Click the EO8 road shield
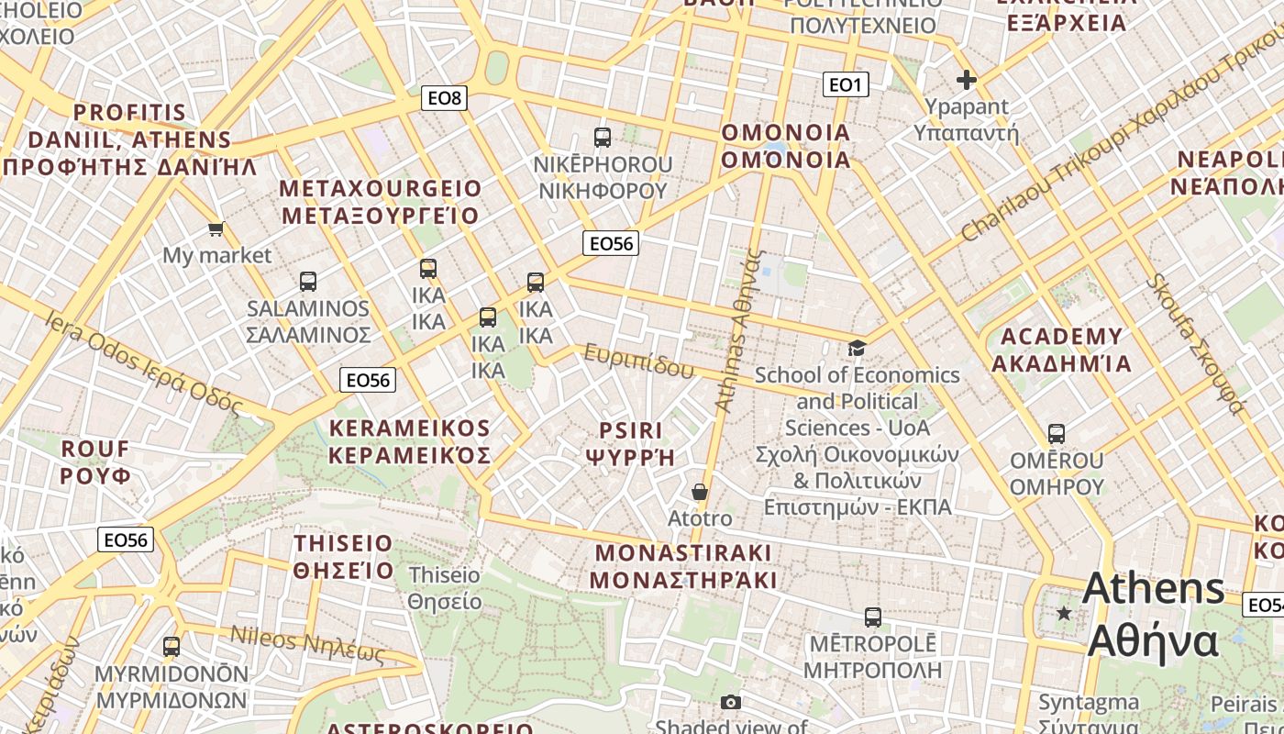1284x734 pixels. pos(445,97)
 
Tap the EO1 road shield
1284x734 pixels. pos(845,85)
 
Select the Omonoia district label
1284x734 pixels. pos(786,146)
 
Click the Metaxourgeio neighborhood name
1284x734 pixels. pos(380,202)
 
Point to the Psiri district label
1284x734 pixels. pos(630,443)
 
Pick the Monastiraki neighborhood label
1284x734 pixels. pos(683,566)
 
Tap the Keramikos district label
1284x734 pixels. pos(410,441)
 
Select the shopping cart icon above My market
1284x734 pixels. pos(216,228)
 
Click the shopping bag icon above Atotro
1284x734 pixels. pos(700,493)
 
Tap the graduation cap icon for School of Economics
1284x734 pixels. pos(857,348)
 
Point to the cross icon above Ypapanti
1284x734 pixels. pos(966,81)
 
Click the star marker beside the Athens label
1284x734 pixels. pos(1064,613)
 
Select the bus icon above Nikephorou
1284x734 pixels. pos(603,138)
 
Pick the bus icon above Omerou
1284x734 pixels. pos(1057,433)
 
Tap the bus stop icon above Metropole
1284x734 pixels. pos(873,617)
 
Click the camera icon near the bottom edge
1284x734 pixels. pos(730,703)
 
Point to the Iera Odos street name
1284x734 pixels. pos(143,363)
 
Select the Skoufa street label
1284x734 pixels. pos(1198,343)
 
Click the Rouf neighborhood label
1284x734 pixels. pos(95,462)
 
